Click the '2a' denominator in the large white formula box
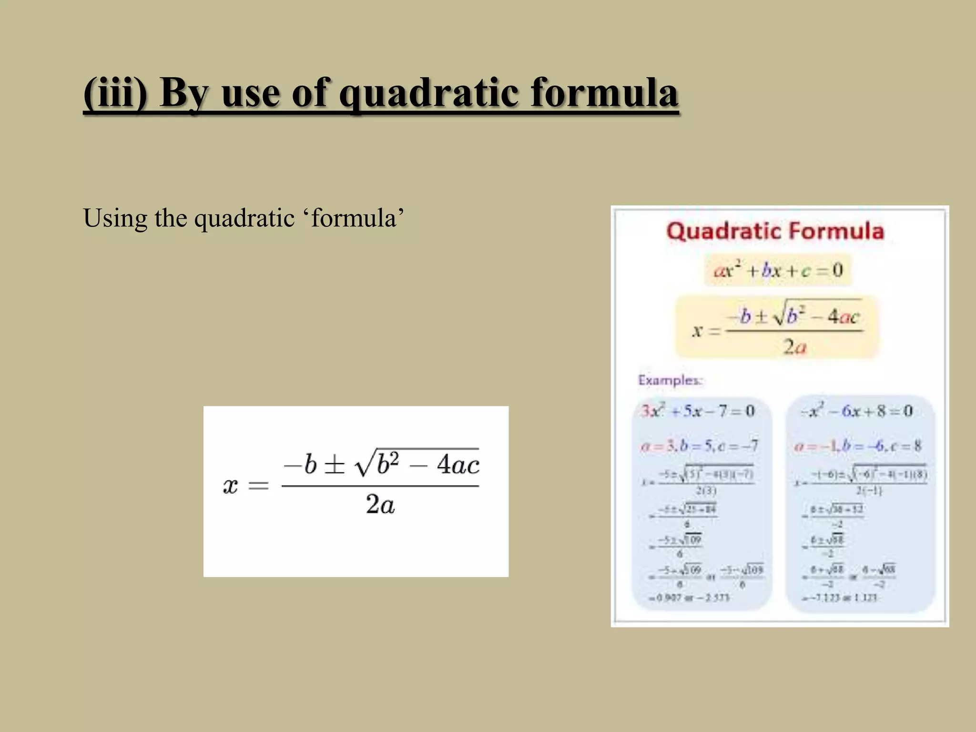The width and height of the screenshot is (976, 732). pos(380,504)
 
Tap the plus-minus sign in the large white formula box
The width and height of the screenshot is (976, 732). pos(334,464)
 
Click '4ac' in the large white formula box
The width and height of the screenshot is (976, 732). pos(457,464)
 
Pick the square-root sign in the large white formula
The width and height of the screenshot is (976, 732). pos(365,462)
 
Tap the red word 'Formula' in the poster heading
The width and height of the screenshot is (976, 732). pos(836,231)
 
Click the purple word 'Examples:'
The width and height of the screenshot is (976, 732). pos(670,380)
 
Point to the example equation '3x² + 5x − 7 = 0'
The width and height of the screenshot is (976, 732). pos(698,411)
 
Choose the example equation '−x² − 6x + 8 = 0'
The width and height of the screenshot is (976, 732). pos(856,411)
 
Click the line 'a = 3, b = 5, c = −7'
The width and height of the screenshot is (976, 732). pos(699,446)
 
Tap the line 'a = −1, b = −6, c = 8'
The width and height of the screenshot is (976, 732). pos(857,446)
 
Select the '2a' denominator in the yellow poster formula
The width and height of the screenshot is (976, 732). pos(794,346)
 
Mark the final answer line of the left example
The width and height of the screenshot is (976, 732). pos(689,598)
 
